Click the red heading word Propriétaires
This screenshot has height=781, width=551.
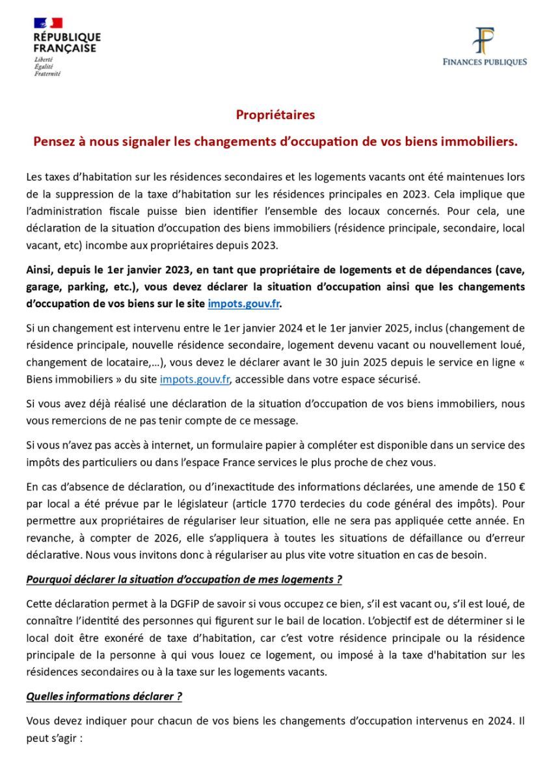click(x=275, y=115)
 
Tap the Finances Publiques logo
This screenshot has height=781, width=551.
click(x=484, y=46)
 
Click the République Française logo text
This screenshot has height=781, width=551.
click(x=67, y=42)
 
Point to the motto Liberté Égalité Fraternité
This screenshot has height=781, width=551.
click(x=47, y=66)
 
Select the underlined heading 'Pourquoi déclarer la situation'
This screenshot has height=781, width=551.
click(x=184, y=579)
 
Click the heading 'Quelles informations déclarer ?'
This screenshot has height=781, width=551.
click(x=104, y=696)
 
